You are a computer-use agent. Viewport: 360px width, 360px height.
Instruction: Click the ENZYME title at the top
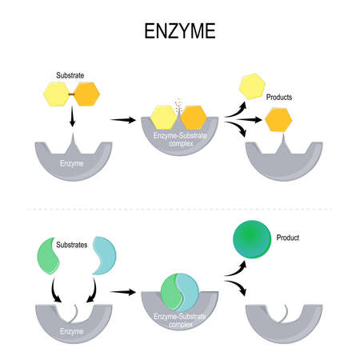[180, 34]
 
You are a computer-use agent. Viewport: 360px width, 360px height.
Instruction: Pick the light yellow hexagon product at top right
[252, 86]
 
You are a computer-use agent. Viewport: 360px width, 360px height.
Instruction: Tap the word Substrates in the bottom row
[74, 240]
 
